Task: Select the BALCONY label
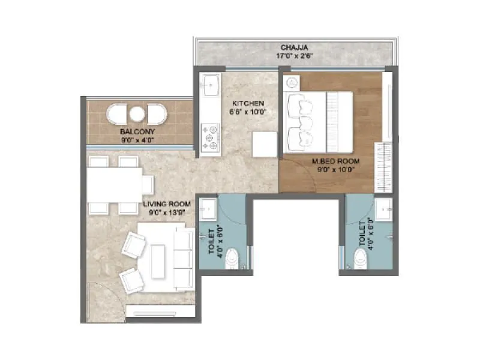coord(137,131)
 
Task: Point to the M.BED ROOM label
coord(336,161)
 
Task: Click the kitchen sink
coord(211,86)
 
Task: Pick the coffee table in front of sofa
coord(158,258)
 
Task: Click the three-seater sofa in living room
coord(181,257)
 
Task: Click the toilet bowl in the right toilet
coord(361,259)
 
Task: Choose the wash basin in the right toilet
coord(384,211)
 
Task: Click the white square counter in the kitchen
coord(265,144)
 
